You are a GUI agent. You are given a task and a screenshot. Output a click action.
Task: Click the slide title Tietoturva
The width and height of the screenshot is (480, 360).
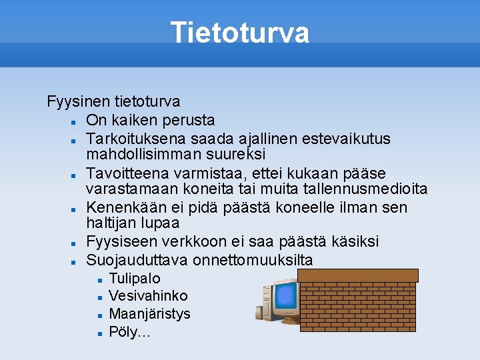239,33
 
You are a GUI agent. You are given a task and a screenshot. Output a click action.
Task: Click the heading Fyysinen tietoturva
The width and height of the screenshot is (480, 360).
113,101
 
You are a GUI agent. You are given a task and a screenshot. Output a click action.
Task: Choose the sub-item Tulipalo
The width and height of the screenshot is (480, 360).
134,278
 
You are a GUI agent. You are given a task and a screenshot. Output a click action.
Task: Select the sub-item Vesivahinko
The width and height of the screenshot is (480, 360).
148,295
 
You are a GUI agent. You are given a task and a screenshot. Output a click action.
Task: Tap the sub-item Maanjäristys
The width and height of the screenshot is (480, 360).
149,313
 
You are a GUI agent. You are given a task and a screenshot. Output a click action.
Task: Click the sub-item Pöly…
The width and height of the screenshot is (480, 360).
129,331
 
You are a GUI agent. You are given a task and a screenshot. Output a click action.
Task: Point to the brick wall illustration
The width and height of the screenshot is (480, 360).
358,300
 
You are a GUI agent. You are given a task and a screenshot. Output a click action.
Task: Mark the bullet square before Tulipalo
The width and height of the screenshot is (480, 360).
98,279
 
